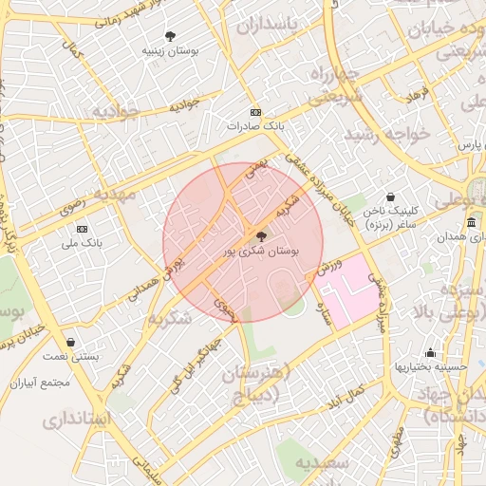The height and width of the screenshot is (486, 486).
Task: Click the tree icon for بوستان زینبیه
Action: click(170, 34)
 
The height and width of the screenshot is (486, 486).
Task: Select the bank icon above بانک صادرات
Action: click(255, 112)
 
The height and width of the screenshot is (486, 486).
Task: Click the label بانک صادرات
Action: click(255, 125)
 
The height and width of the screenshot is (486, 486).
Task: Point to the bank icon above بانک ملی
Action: click(82, 229)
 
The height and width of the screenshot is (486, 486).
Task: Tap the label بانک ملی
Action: click(82, 243)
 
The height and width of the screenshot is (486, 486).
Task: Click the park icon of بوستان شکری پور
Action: click(262, 236)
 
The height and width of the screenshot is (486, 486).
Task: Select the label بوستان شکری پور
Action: click(262, 252)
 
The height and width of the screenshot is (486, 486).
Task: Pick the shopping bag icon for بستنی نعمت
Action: click(70, 342)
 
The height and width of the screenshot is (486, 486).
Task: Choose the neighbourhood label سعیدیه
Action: click(324, 463)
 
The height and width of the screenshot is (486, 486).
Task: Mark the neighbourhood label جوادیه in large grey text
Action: click(115, 112)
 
